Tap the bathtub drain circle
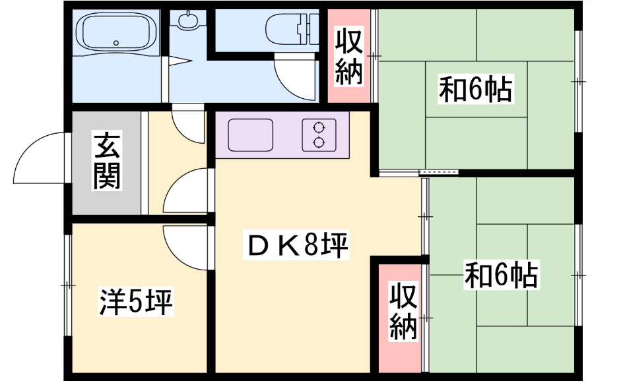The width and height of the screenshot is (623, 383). [x=116, y=43]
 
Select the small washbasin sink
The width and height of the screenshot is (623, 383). [x=187, y=20]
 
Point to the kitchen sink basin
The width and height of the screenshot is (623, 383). [x=250, y=134]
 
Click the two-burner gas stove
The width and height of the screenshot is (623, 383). [x=319, y=135]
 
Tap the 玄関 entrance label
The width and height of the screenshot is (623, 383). [x=107, y=161]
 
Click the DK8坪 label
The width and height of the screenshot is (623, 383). [x=296, y=245]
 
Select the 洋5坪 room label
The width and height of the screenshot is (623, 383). [x=136, y=302]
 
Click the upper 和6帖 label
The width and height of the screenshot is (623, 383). [x=476, y=89]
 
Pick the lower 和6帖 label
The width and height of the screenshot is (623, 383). [x=502, y=275]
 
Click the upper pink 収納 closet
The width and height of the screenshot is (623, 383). [x=349, y=55]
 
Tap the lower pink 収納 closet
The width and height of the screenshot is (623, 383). [x=400, y=318]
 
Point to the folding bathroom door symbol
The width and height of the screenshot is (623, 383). [x=177, y=61]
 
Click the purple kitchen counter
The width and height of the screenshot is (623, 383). [x=282, y=135]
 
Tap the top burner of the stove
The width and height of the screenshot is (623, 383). [x=319, y=128]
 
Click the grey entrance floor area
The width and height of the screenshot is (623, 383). [x=106, y=163]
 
